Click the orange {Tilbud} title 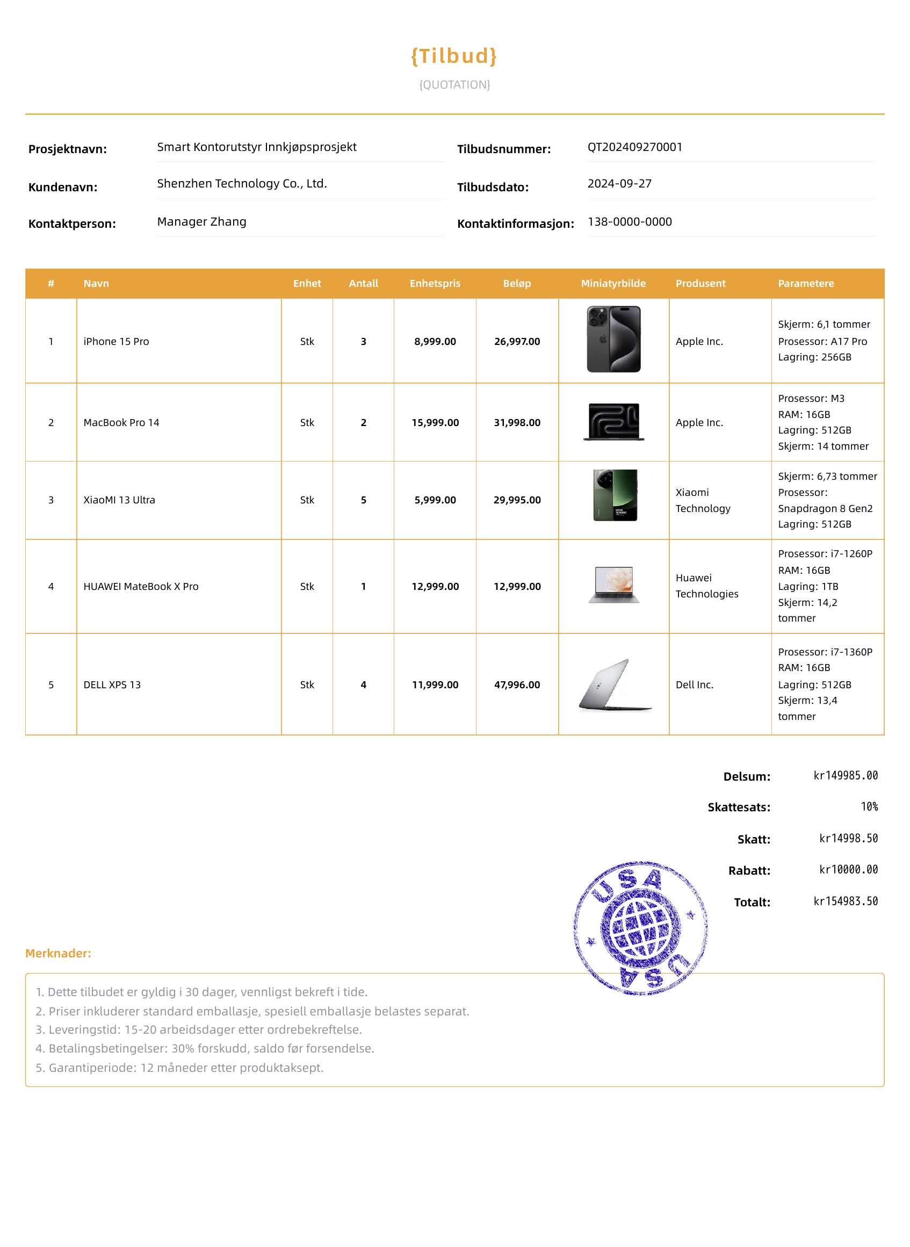(454, 56)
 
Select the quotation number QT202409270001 (634, 147)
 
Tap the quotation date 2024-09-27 (619, 183)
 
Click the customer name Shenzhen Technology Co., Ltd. (242, 183)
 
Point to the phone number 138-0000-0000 (629, 221)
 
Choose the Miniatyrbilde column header (613, 284)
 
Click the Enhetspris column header (435, 284)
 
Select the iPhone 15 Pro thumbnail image (613, 340)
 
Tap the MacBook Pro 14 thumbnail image (613, 422)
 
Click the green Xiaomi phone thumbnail (615, 495)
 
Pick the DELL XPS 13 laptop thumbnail (615, 684)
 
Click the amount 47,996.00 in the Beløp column (517, 684)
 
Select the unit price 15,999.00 (435, 422)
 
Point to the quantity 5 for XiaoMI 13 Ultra (363, 500)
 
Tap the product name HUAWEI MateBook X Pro (141, 587)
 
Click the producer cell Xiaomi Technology (702, 500)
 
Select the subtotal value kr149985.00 (845, 775)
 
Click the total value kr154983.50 (845, 901)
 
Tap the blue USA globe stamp (640, 928)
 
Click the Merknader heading (59, 953)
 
